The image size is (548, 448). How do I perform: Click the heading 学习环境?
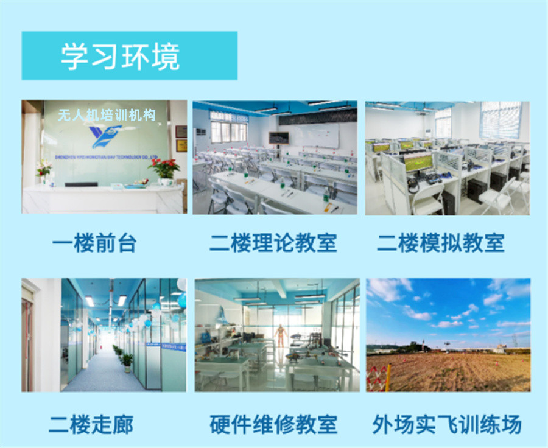120,57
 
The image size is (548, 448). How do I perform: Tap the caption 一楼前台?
94,243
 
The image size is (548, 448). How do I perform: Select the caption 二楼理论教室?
273,243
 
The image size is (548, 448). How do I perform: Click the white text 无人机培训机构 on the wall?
107,115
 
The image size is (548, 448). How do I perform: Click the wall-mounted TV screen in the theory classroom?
279,138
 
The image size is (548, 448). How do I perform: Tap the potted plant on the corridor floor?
127,362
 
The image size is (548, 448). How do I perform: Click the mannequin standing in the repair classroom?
280,335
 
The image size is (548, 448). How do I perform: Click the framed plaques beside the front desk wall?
181,138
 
